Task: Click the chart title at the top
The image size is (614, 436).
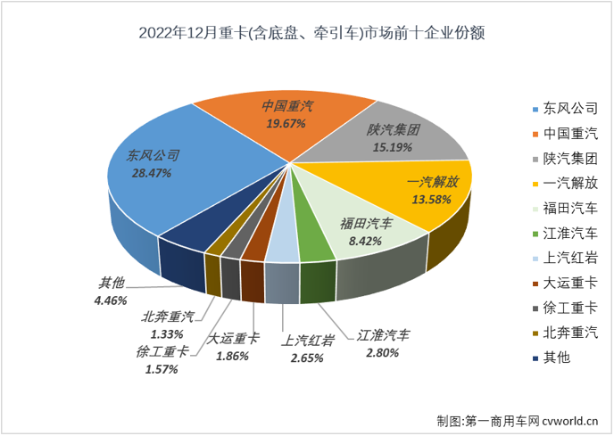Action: coord(306,34)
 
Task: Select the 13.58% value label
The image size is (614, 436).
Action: coord(432,198)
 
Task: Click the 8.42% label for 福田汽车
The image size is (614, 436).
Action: coord(365,240)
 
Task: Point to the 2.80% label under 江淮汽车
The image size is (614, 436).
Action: coord(381,353)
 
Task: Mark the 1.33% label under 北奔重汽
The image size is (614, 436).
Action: coord(168,333)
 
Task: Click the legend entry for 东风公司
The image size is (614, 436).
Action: coord(564,110)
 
